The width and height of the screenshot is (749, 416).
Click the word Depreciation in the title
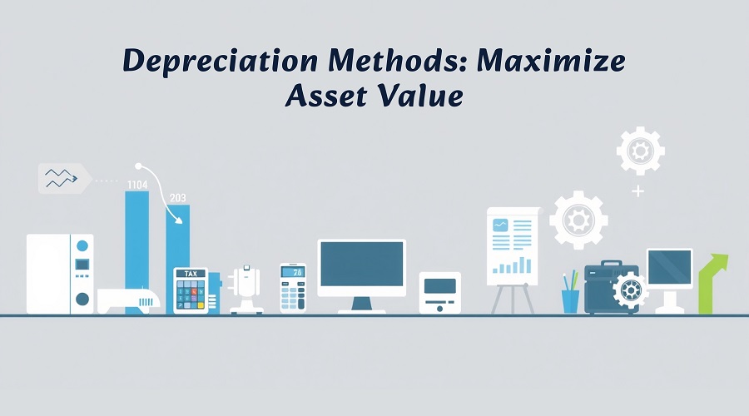pos(221,62)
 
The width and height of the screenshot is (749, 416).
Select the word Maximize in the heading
pos(551,61)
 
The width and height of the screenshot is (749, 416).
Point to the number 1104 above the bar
pos(137,185)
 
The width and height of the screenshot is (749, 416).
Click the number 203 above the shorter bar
pos(178,198)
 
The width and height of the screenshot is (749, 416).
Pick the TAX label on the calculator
pos(191,274)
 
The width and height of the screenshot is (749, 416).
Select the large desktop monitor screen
pos(362,264)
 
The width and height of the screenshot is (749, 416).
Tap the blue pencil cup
pos(570,301)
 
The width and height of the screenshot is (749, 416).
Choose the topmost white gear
pos(640,151)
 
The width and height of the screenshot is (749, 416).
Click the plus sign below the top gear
pos(637,191)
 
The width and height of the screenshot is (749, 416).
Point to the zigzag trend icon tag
pos(64,178)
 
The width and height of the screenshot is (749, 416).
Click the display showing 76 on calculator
pos(292,272)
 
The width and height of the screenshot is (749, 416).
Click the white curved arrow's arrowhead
pos(178,220)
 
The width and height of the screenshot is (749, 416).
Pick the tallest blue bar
pos(137,253)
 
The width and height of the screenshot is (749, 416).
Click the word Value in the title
pos(420,95)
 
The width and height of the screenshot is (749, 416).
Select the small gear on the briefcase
pos(630,290)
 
